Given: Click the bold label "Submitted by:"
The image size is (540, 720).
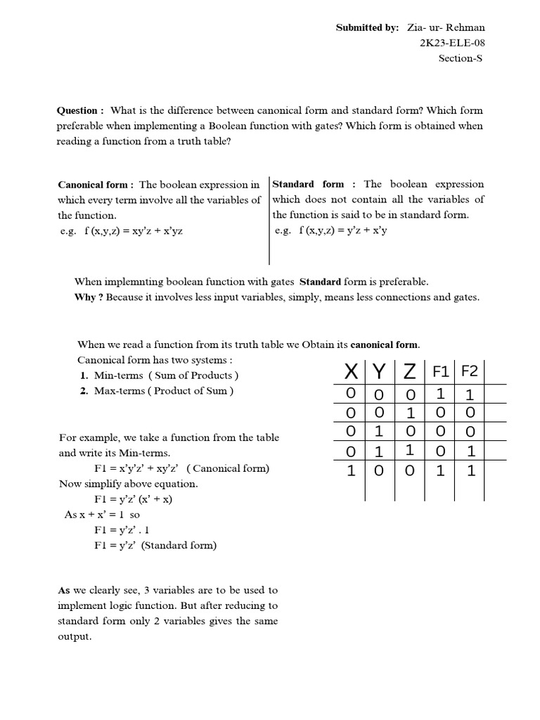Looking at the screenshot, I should click(x=367, y=27).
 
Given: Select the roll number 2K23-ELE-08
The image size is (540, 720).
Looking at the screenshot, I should click(x=452, y=43).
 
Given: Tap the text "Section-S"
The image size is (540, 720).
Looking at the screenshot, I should click(x=461, y=58).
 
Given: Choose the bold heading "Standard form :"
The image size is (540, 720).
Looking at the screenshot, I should click(x=315, y=184).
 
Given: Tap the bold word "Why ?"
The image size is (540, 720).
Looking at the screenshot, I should click(x=89, y=297).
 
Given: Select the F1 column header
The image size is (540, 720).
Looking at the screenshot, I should click(x=440, y=371).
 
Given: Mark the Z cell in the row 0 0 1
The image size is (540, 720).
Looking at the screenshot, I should click(x=411, y=412).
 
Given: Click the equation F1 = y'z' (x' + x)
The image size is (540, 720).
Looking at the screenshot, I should click(x=133, y=499).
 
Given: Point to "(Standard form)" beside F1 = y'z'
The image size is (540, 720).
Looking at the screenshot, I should click(x=179, y=546).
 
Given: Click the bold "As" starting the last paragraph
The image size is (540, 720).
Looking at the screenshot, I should click(x=64, y=591).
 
